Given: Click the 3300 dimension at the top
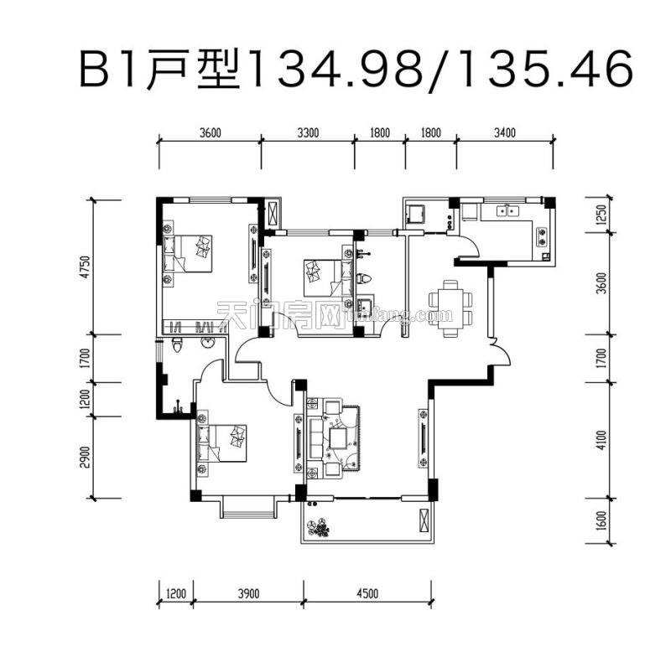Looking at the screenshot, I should point(308,132).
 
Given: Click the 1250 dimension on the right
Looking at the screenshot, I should point(599,216).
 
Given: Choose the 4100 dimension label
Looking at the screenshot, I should point(599,439).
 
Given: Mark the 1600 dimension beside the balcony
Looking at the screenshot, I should point(599,520).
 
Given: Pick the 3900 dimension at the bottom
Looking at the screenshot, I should point(248,593).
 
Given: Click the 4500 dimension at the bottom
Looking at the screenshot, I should point(367,593).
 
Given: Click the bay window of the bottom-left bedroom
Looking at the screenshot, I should point(247,506).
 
